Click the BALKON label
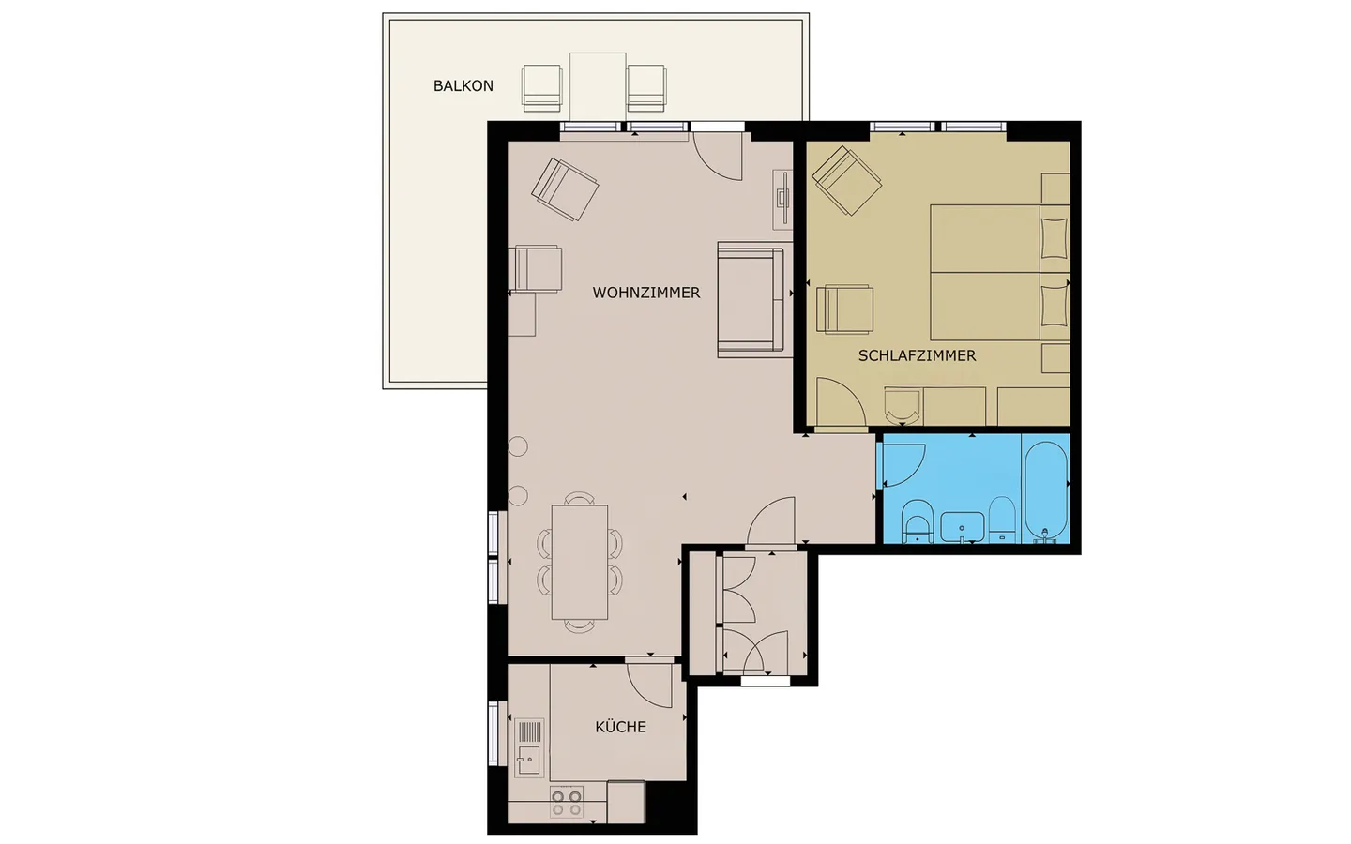463,86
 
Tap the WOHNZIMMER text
645,293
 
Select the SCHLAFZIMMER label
917,355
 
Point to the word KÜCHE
620,727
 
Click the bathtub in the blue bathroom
1045,490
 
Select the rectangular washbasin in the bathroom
962,527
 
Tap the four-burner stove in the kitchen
566,802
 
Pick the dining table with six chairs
580,562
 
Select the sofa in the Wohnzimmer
751,299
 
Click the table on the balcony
598,86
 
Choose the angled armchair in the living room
565,188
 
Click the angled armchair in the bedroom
845,181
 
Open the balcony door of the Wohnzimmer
719,156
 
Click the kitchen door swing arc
650,685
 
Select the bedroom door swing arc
840,403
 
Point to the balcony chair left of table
541,87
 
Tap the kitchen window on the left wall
493,732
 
